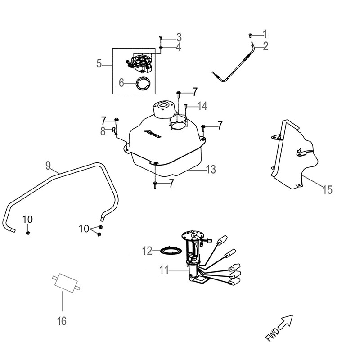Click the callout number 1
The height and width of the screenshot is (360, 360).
click(265, 34)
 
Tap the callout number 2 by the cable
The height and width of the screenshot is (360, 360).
click(265, 45)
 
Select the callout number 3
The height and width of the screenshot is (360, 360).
click(179, 36)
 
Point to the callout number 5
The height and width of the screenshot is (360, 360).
click(99, 64)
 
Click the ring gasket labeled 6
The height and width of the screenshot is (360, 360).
click(142, 83)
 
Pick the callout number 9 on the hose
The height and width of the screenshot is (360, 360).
click(49, 165)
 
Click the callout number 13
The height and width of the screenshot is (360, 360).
click(211, 170)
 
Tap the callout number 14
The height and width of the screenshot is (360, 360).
click(202, 106)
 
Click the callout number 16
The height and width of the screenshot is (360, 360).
click(62, 321)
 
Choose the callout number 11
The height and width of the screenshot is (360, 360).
click(163, 270)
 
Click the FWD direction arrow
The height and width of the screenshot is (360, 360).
click(286, 322)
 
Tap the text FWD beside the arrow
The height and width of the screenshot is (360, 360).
click(271, 335)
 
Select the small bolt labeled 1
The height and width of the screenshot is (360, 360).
click(251, 34)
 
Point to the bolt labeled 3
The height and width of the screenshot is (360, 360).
click(161, 37)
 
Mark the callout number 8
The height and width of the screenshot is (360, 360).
click(103, 131)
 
